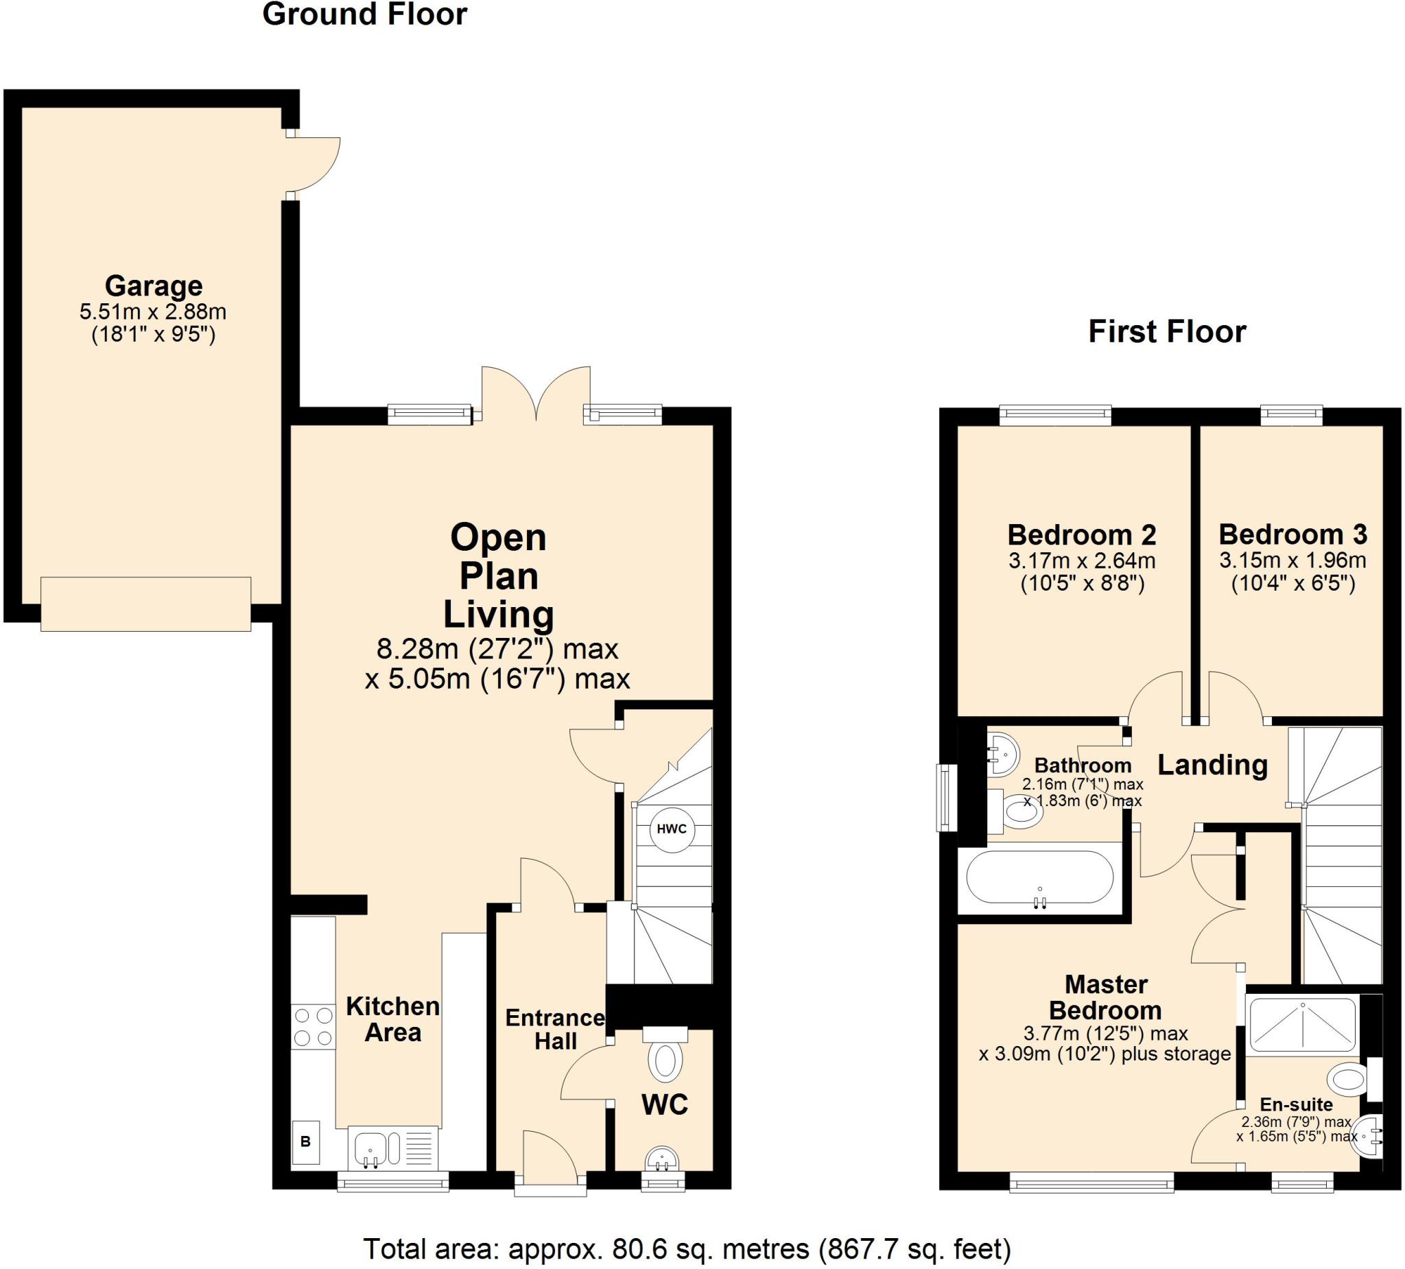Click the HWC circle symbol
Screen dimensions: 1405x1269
click(x=672, y=829)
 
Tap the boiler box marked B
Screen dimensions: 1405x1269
click(x=305, y=1142)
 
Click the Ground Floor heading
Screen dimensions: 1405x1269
click(x=364, y=14)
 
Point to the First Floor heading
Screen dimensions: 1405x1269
click(x=1168, y=332)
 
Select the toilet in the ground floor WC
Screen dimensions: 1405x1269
click(x=665, y=1054)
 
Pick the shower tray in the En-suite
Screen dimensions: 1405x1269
click(x=1303, y=1023)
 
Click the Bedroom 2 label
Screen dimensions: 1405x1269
click(x=1082, y=534)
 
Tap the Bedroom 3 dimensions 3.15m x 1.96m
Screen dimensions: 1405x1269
click(x=1292, y=560)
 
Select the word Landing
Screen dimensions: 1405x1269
click(x=1213, y=765)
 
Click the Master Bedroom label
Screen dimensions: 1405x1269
click(x=1106, y=997)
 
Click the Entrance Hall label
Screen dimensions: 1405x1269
click(x=555, y=1030)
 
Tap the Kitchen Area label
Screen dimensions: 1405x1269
click(x=393, y=1019)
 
